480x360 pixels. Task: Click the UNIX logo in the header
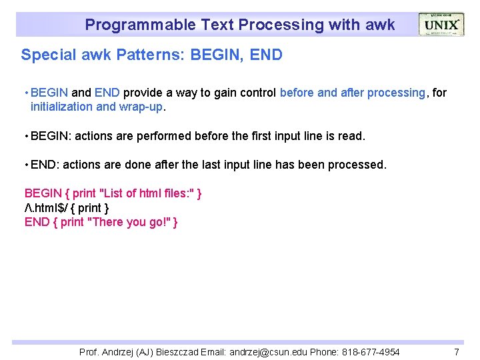(441, 25)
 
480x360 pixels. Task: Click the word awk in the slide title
(380, 25)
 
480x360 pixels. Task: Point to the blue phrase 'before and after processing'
(352, 93)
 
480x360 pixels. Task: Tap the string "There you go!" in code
(128, 223)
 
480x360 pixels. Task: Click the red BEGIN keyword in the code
(43, 193)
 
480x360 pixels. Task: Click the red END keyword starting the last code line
(36, 223)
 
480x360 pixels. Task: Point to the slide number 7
(457, 352)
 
